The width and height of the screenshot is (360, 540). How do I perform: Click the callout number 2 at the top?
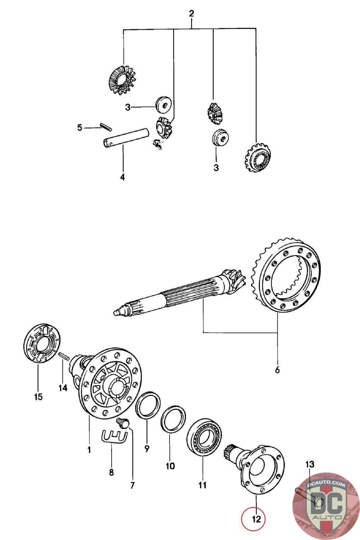pyautogui.click(x=191, y=14)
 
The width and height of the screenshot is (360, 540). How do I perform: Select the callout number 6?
pyautogui.click(x=277, y=370)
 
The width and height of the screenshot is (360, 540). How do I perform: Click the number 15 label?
pyautogui.click(x=38, y=397)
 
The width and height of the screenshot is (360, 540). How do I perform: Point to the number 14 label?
pyautogui.click(x=63, y=388)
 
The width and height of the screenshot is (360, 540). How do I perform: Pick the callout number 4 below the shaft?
pyautogui.click(x=122, y=177)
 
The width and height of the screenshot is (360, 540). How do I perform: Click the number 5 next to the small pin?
pyautogui.click(x=80, y=128)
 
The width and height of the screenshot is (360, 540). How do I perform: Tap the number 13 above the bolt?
pyautogui.click(x=310, y=464)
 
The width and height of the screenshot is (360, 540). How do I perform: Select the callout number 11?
pyautogui.click(x=202, y=485)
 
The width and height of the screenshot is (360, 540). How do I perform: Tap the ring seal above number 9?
pyautogui.click(x=147, y=405)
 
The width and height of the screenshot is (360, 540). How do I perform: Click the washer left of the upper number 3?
pyautogui.click(x=163, y=105)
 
